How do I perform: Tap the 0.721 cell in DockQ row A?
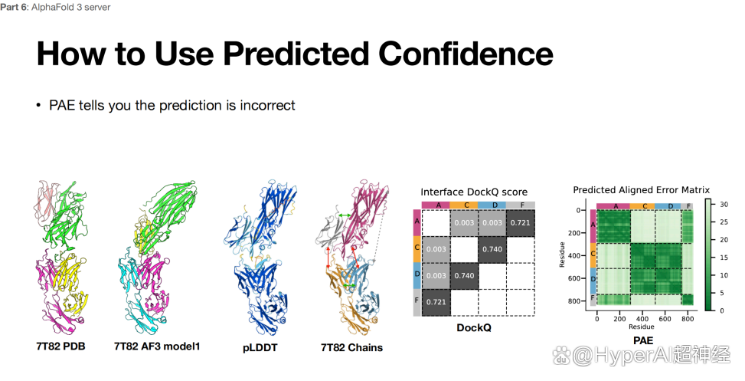pyautogui.click(x=521, y=222)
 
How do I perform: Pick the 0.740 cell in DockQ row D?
pyautogui.click(x=464, y=275)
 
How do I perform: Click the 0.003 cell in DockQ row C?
pyautogui.click(x=436, y=249)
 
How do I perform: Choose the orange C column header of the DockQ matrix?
pyautogui.click(x=464, y=205)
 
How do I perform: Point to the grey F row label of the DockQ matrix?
pyautogui.click(x=417, y=302)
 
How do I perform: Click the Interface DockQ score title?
pyautogui.click(x=474, y=192)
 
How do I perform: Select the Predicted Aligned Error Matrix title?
pyautogui.click(x=642, y=190)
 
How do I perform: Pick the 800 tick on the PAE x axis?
pyautogui.click(x=688, y=319)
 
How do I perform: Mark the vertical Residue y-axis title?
pyautogui.click(x=562, y=255)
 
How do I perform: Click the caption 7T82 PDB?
pyautogui.click(x=60, y=346)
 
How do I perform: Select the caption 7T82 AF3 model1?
pyautogui.click(x=157, y=346)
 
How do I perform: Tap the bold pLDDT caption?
pyautogui.click(x=260, y=348)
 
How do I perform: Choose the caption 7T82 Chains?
pyautogui.click(x=351, y=348)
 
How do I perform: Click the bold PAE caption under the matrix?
pyautogui.click(x=643, y=340)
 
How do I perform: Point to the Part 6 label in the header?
pyautogui.click(x=15, y=7)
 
